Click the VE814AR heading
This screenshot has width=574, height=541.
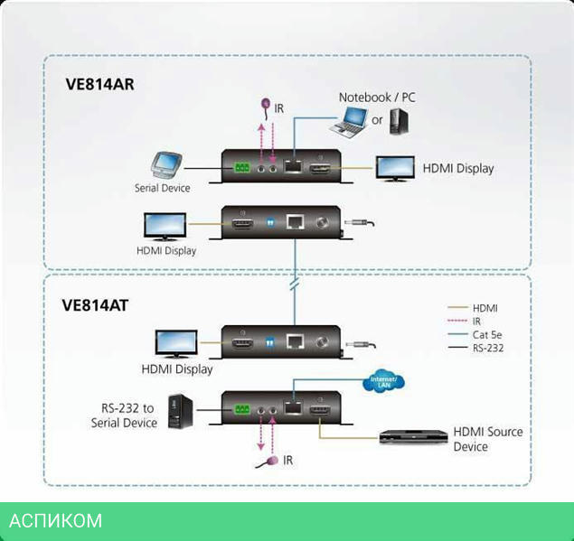[99, 85]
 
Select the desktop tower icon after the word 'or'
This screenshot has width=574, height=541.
[400, 120]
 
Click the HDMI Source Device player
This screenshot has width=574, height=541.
[411, 437]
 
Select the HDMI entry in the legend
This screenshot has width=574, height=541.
[485, 308]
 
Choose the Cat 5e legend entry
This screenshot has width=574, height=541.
[486, 333]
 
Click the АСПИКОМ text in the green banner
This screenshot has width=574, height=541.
[55, 521]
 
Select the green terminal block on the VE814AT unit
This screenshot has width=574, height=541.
[241, 409]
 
